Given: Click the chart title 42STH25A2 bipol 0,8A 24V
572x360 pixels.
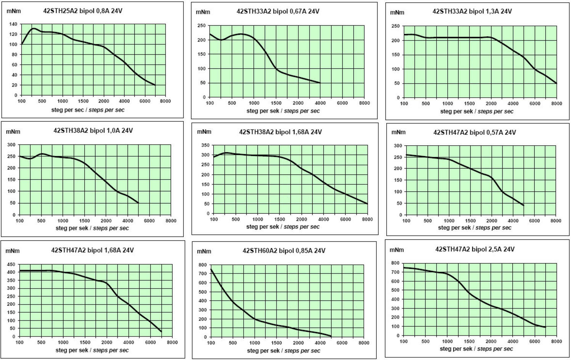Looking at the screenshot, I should (83, 11).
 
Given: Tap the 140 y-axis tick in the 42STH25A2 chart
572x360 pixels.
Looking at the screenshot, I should (13, 24).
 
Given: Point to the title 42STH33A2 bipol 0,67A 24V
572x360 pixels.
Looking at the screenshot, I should (278, 11).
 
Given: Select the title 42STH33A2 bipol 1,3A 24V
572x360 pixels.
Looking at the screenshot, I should (472, 11).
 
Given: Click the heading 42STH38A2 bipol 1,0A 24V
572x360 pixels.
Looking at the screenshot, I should (93, 131).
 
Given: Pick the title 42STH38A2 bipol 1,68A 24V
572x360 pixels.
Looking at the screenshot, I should (280, 132).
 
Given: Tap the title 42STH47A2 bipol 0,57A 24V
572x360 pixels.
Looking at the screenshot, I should (474, 133).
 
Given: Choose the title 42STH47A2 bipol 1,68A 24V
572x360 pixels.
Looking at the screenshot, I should (93, 251).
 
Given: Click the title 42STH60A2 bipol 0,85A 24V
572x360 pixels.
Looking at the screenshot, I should (284, 251).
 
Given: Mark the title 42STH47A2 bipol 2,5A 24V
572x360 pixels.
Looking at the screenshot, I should (475, 249).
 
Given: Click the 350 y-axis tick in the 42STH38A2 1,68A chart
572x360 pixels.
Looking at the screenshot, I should (205, 145).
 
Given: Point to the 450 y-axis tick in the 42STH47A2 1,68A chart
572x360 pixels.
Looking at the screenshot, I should (11, 264).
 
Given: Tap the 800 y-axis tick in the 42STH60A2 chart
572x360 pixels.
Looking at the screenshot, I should (202, 265).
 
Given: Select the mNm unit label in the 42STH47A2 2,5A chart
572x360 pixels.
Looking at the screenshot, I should (397, 250).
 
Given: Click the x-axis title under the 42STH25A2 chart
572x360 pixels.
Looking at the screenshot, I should (88, 110).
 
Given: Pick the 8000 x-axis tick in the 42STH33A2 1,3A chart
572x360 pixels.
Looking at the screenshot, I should (556, 104).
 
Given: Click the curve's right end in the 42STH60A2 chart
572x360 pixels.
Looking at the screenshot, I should (331, 336).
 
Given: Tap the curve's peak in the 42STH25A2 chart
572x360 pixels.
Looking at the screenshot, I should (34, 28).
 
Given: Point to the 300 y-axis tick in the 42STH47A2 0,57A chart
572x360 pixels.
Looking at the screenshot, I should (398, 146).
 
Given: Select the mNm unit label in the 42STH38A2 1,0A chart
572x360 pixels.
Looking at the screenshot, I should (13, 132).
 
